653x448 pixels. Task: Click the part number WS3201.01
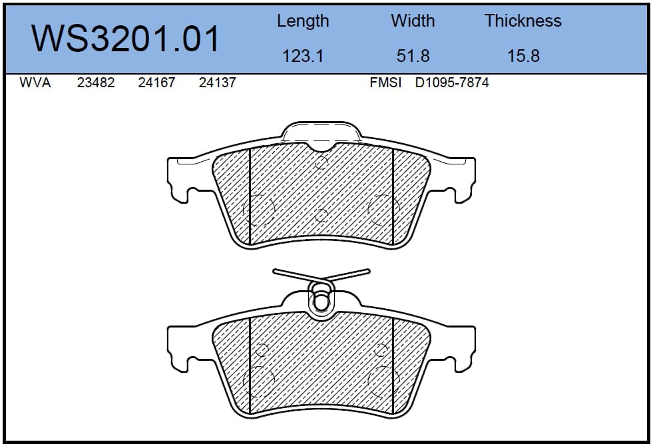click(x=125, y=39)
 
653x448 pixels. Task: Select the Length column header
click(x=303, y=21)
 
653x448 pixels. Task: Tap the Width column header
click(x=413, y=21)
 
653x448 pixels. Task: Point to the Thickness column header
click(x=523, y=21)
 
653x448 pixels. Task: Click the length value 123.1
click(x=303, y=56)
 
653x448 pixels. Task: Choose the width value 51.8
click(x=413, y=56)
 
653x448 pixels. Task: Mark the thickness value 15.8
click(x=523, y=56)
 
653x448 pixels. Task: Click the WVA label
click(x=35, y=83)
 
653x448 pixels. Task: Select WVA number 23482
click(x=96, y=83)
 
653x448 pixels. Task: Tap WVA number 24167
click(x=156, y=83)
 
